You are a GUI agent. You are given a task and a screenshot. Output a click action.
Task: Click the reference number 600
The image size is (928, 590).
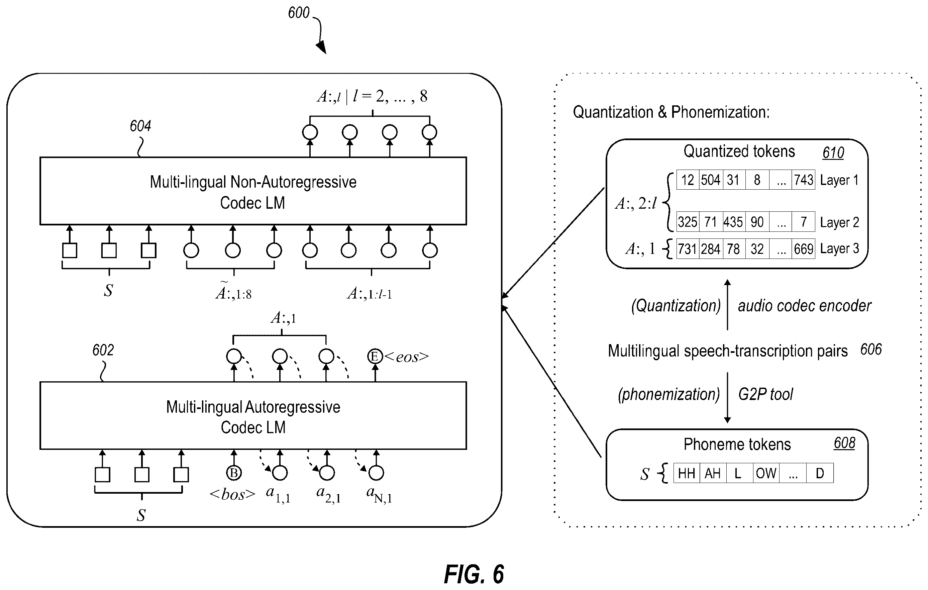(x=299, y=13)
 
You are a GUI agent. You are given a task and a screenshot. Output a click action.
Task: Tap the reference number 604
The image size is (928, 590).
(x=140, y=126)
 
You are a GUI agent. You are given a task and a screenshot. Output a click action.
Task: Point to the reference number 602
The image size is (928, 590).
(x=103, y=350)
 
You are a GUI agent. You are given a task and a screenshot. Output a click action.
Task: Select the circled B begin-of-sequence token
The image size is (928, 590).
(x=233, y=473)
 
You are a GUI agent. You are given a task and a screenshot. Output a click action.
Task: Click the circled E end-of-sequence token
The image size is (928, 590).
(x=375, y=356)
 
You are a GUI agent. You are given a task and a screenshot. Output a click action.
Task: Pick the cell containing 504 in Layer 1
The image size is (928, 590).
(x=711, y=180)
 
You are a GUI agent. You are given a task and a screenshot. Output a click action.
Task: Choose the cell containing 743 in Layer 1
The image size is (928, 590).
(x=804, y=180)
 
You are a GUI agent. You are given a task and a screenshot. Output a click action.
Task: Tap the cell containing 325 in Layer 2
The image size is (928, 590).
(x=688, y=222)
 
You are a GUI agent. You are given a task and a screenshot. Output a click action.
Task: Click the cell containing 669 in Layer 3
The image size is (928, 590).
(x=804, y=249)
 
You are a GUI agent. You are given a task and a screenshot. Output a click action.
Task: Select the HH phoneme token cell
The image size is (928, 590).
(x=686, y=473)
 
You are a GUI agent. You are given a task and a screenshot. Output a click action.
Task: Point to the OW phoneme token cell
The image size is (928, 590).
(x=766, y=473)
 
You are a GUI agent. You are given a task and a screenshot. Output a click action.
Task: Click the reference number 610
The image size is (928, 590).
(x=833, y=153)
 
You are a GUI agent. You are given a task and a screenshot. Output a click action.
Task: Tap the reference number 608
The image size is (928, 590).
(x=844, y=443)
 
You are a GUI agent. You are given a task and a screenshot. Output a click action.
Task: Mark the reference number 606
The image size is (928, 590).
(x=871, y=350)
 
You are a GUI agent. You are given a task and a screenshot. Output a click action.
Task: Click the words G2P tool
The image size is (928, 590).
(x=765, y=394)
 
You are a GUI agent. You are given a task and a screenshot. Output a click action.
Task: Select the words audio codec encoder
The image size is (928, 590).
(x=804, y=306)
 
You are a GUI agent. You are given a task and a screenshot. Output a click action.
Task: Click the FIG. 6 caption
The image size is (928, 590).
(x=474, y=575)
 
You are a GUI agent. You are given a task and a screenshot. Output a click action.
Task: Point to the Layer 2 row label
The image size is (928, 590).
(x=839, y=222)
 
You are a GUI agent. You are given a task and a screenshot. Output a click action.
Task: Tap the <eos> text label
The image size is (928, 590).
(x=407, y=357)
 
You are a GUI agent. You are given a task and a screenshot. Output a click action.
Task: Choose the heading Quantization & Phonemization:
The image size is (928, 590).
(x=671, y=112)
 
